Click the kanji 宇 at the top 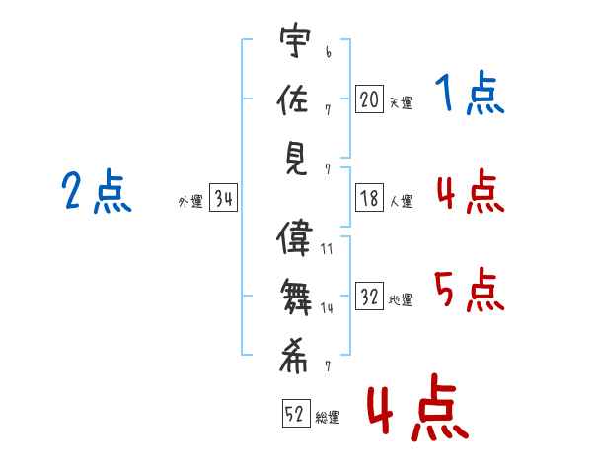tap(296, 43)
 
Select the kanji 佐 tap(296, 99)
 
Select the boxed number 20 tap(369, 99)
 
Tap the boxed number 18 tap(369, 199)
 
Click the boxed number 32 tap(369, 297)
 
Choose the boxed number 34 tap(223, 199)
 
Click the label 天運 tap(401, 102)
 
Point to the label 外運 tap(190, 202)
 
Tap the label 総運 tap(328, 417)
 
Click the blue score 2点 tap(97, 191)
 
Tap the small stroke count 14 tap(326, 308)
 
